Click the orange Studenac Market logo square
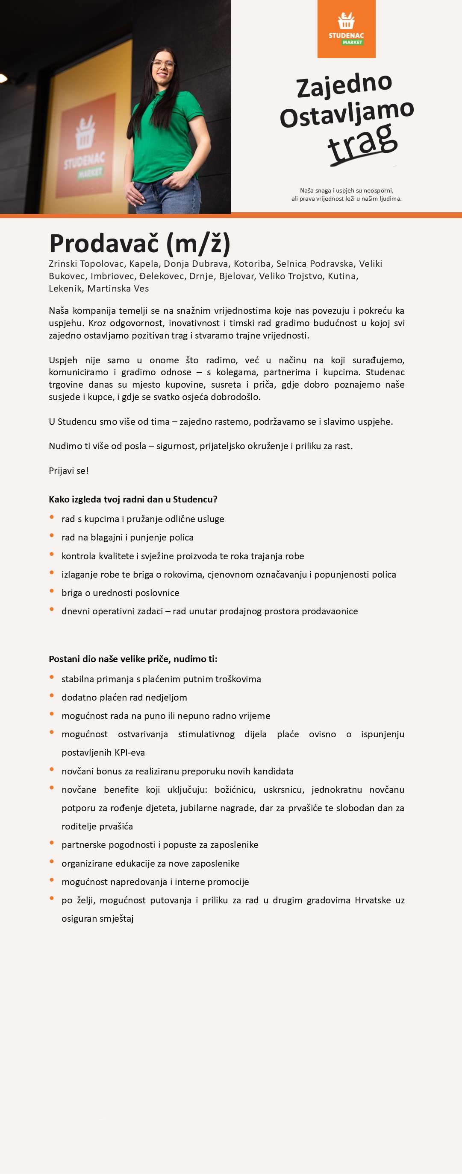pos(346,29)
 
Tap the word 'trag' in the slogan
pos(362,143)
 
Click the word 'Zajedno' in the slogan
pos(344,85)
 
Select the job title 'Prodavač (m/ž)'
pos(140,243)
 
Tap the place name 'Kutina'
pos(341,276)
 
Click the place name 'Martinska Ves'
pos(118,289)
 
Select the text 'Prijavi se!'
pos(68,471)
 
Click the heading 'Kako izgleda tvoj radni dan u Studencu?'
pos(133,499)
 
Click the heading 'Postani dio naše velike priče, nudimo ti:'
pos(133,659)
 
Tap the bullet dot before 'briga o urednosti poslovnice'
pos(52,591)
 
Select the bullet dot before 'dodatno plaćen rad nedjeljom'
pos(52,696)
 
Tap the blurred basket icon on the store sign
pos(85,133)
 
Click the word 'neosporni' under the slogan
pos(378,190)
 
